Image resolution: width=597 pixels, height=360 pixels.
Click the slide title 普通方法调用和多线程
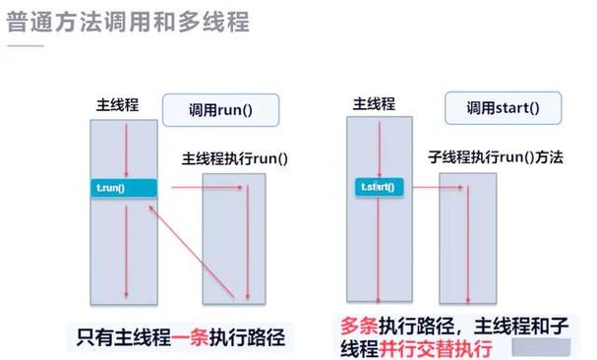click(128, 21)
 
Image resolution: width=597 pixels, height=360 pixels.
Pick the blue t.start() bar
click(371, 184)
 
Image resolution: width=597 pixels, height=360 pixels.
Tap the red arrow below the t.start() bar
click(372, 246)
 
